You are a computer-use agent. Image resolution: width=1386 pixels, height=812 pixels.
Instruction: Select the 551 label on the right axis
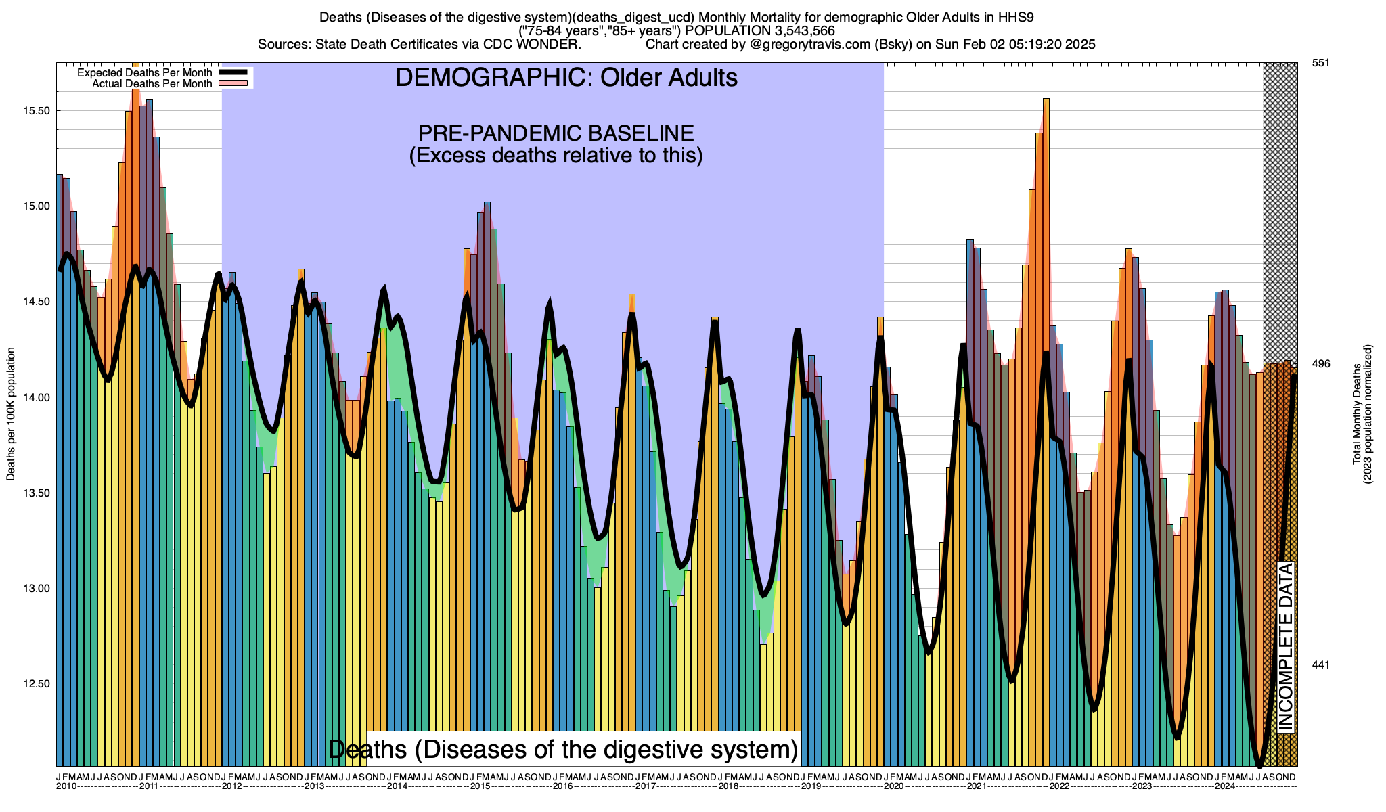(1320, 63)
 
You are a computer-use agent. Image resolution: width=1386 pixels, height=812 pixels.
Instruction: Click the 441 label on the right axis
(1320, 665)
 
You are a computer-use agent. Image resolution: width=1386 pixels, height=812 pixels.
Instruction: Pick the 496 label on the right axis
(1320, 364)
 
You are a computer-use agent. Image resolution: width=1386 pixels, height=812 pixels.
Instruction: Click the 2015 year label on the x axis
(480, 786)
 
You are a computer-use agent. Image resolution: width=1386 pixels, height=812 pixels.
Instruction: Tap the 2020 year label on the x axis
(893, 786)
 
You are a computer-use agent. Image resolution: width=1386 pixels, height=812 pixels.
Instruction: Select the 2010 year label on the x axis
(66, 786)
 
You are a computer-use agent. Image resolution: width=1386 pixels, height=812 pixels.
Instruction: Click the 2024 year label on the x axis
(1224, 786)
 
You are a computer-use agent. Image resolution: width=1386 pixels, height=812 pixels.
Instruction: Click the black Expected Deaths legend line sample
(235, 72)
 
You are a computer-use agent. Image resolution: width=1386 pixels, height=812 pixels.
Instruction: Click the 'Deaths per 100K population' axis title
(11, 414)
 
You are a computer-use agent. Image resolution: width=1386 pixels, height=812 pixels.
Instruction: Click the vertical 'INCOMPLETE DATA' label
(1285, 646)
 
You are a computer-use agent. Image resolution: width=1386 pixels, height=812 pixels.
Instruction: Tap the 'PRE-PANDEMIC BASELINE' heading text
(556, 133)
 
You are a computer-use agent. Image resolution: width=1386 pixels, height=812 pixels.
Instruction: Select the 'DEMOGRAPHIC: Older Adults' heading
(566, 78)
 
